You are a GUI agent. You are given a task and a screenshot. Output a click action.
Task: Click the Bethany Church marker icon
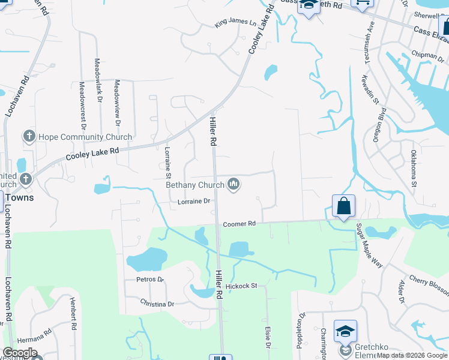(x=234, y=185)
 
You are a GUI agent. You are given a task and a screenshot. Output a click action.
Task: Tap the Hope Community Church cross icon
(x=29, y=137)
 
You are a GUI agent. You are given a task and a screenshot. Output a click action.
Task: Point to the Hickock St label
(x=241, y=286)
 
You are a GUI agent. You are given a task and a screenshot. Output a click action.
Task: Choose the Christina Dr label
(x=157, y=304)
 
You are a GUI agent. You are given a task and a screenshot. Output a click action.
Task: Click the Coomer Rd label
(x=240, y=224)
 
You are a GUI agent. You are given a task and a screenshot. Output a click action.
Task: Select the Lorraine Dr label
(x=193, y=202)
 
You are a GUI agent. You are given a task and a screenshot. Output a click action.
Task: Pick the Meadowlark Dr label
(x=97, y=79)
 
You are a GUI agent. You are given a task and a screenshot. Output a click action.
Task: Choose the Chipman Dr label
(x=427, y=56)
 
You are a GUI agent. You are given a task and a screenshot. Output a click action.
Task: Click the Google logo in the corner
(x=20, y=353)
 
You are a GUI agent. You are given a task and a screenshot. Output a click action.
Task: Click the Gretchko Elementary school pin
(x=345, y=331)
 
